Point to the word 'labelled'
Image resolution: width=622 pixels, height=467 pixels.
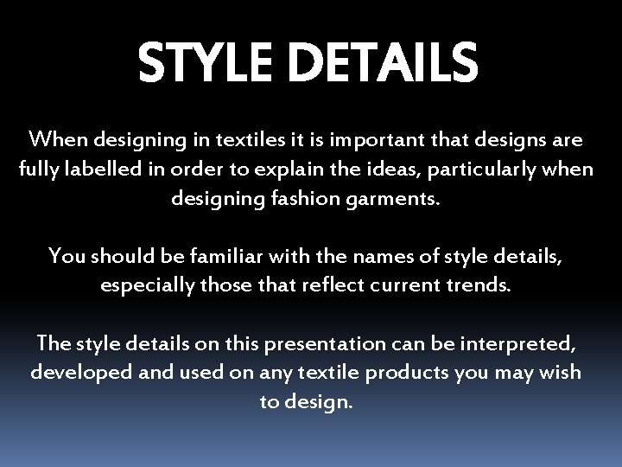click(x=94, y=169)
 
